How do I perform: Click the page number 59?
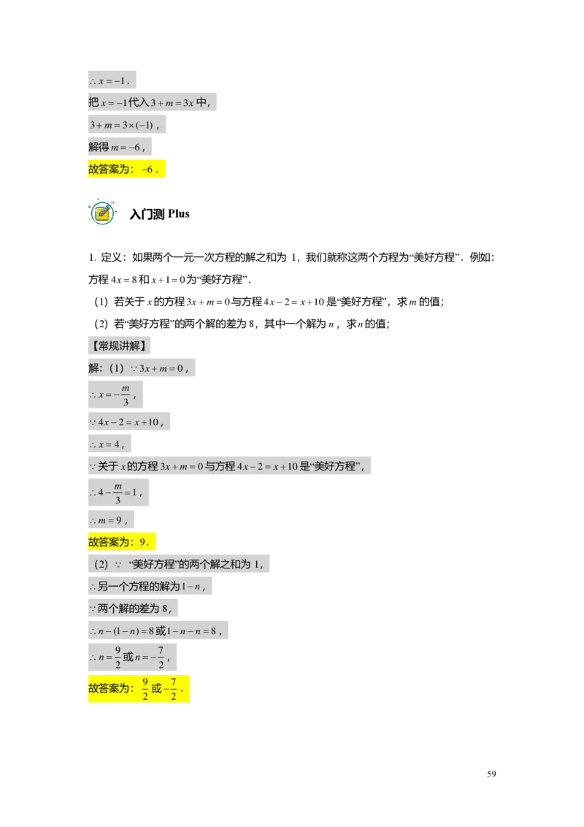point(491,774)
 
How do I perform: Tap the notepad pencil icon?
point(101,213)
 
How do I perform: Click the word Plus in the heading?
point(179,213)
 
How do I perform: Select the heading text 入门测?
point(147,214)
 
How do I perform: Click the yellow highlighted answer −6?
point(126,169)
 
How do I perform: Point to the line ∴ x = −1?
point(112,80)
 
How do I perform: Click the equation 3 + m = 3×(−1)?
point(126,124)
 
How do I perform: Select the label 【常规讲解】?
point(119,346)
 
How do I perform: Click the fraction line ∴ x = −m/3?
point(115,395)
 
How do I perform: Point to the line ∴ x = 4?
point(109,444)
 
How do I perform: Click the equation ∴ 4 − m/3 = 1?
point(118,492)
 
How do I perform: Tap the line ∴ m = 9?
point(111,520)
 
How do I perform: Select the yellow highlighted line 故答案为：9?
point(121,541)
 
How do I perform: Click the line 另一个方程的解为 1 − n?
point(150,586)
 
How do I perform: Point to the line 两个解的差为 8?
point(133,608)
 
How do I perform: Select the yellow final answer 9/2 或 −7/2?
point(139,688)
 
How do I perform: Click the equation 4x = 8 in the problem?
point(124,280)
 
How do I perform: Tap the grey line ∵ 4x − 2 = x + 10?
point(128,422)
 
